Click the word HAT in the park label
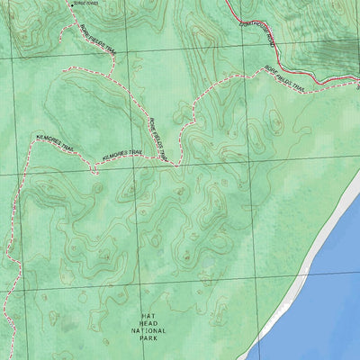pyautogui.click(x=149, y=317)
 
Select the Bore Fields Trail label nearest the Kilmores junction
pyautogui.click(x=158, y=139)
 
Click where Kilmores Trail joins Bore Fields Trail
pyautogui.click(x=171, y=165)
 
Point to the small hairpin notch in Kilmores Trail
pyautogui.click(x=93, y=168)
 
